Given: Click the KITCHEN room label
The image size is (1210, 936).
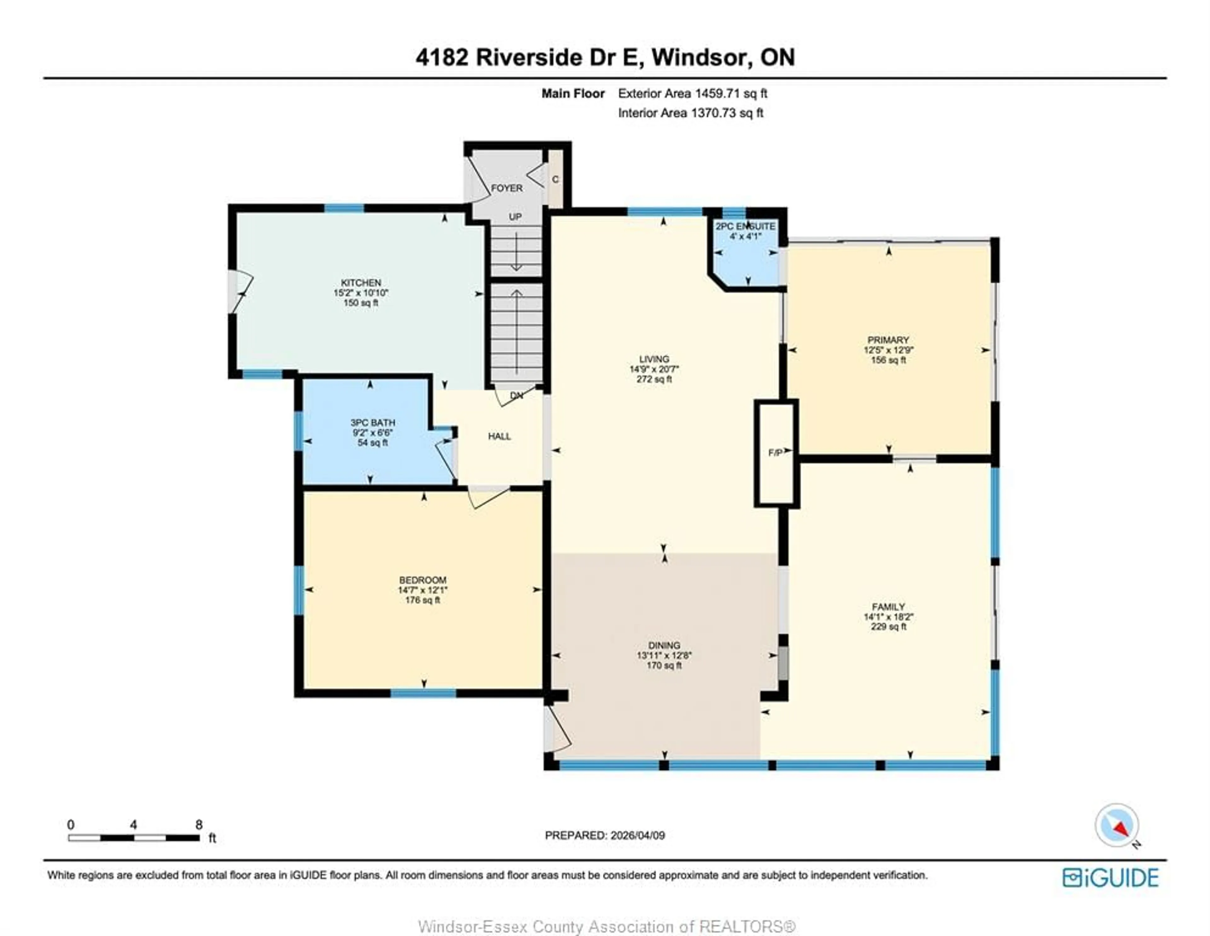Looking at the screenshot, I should click(x=361, y=283).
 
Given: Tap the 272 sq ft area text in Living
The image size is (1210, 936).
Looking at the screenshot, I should click(x=654, y=380).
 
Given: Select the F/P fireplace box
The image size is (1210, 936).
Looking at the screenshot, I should click(x=776, y=453).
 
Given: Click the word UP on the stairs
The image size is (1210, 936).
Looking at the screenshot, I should click(x=515, y=217).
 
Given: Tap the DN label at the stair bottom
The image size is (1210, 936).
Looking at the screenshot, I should click(x=516, y=396).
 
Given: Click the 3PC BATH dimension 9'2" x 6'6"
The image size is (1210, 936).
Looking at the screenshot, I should click(x=372, y=433).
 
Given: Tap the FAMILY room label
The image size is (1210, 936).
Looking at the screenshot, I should click(x=888, y=607).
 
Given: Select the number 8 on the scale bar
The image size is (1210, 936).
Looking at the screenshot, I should click(x=199, y=825).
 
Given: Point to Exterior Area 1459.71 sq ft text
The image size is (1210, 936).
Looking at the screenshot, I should click(x=693, y=94).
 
